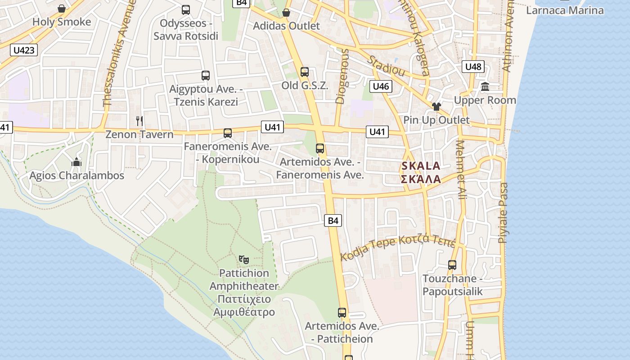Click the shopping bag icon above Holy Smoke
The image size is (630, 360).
62,9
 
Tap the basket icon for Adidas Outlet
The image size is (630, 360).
286,12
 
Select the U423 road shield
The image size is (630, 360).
24,50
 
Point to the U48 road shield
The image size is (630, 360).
473,67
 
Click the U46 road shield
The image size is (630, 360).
381,86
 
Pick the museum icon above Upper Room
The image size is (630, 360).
485,86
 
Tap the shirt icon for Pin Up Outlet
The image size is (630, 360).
436,107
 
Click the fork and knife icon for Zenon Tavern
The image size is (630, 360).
139,121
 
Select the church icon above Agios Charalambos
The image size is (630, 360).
76,162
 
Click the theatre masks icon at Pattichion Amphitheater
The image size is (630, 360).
244,259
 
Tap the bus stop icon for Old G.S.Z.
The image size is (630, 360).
305,72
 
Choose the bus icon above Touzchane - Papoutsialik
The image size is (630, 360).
452,265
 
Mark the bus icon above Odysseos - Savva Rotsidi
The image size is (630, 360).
185,9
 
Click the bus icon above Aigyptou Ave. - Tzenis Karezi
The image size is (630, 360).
206,75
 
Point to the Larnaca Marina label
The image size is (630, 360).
565,10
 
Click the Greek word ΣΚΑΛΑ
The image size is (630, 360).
421,179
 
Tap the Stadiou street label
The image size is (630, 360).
386,66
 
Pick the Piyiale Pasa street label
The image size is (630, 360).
503,213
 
